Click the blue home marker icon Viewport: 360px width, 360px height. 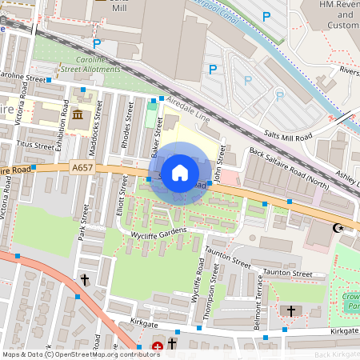[180, 172]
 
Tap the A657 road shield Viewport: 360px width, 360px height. [82, 168]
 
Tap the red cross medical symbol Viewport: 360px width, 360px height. [158, 347]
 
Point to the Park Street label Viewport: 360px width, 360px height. [82, 222]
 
